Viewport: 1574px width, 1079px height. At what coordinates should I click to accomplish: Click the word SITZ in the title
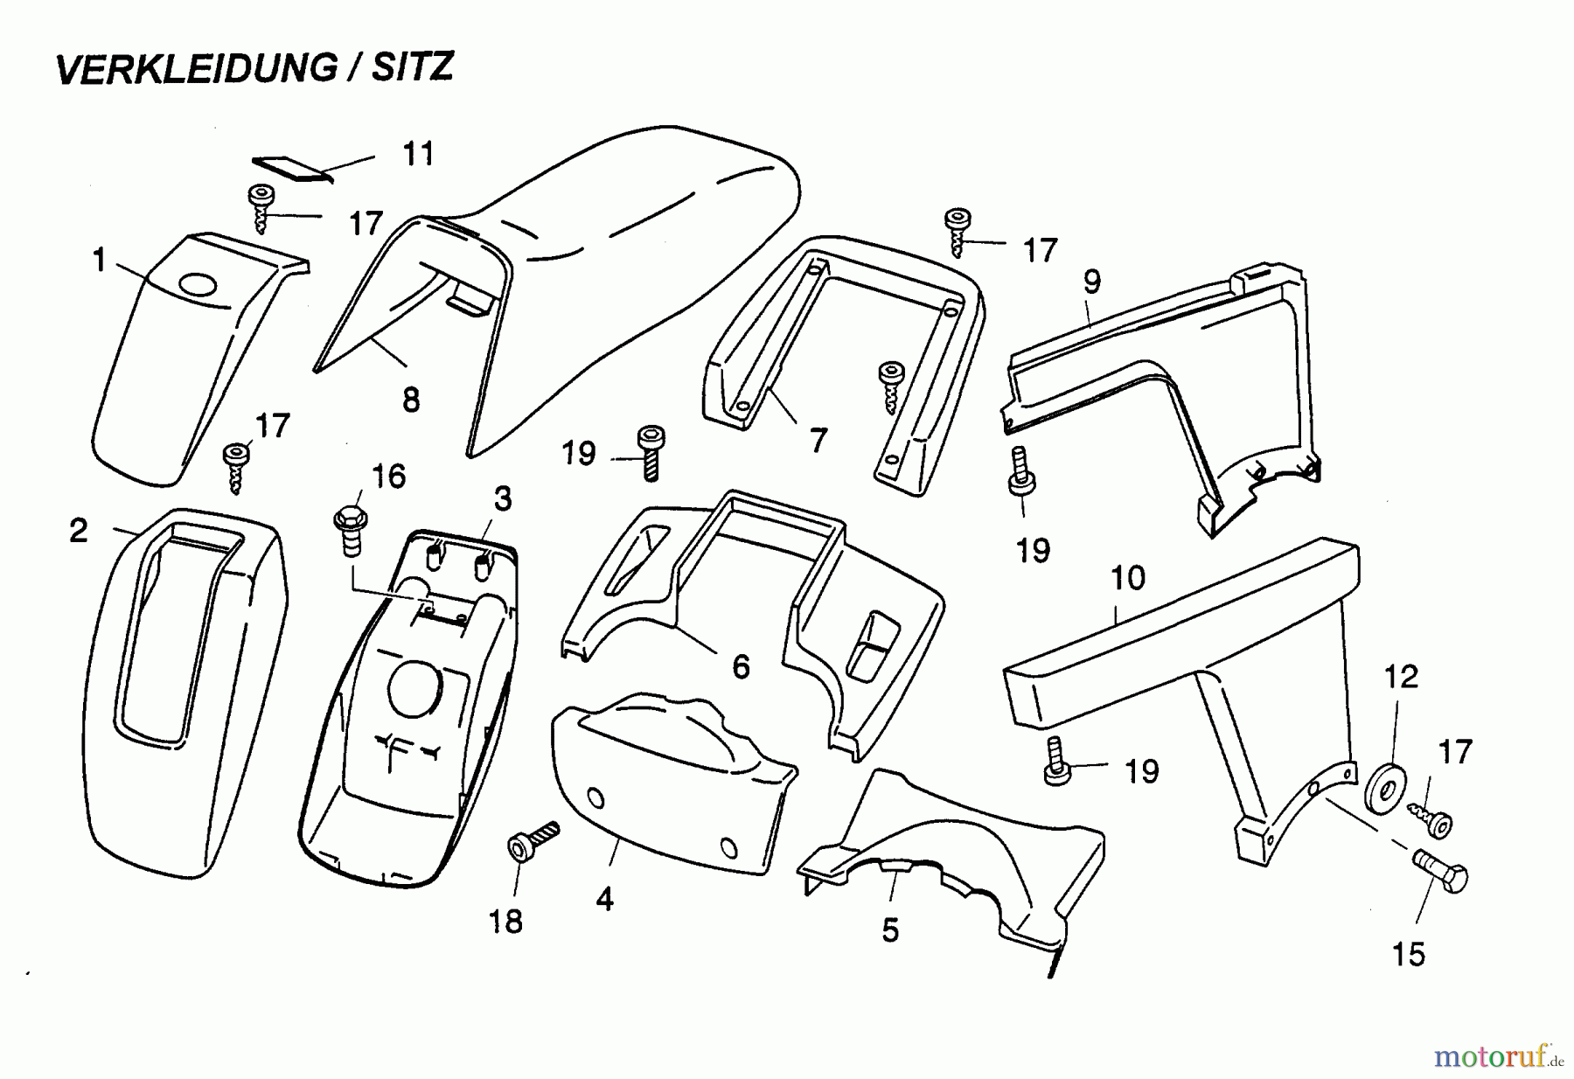pos(412,66)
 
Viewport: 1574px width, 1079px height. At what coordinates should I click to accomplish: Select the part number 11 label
pos(418,154)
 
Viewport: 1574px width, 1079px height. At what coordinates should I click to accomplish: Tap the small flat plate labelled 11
pos(292,169)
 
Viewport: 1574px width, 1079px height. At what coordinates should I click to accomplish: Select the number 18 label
pos(505,921)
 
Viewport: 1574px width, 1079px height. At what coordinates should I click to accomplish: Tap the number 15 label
pos(1409,953)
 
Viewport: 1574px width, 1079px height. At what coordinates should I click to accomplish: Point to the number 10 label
pos(1127,578)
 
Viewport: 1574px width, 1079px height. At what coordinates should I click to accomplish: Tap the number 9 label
pos(1091,282)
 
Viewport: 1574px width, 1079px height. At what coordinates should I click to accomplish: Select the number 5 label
pos(890,930)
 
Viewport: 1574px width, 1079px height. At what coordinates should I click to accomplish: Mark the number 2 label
pos(79,531)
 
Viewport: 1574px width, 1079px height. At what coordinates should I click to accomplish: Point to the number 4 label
pos(604,899)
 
